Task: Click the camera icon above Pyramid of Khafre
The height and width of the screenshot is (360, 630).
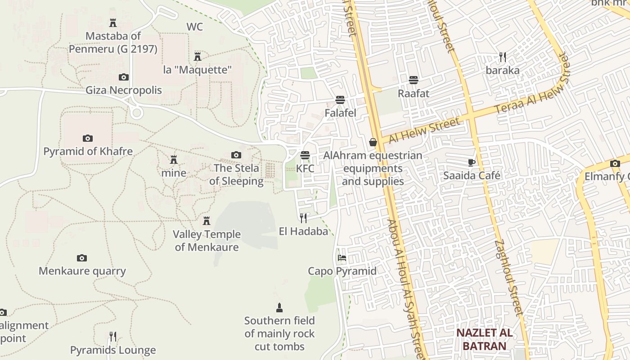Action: (x=88, y=138)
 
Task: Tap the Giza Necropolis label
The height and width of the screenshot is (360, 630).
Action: (x=124, y=90)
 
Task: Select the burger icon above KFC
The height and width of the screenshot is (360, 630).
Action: (x=305, y=155)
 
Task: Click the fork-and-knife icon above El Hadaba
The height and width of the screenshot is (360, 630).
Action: (x=303, y=218)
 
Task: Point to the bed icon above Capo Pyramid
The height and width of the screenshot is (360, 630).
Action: (x=342, y=258)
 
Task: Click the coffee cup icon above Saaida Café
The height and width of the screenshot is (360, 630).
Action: (x=471, y=162)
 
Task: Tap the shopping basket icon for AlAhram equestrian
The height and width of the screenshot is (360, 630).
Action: (x=373, y=142)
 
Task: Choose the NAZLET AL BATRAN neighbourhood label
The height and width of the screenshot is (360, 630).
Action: (x=484, y=339)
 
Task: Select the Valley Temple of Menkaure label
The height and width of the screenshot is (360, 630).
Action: (x=207, y=241)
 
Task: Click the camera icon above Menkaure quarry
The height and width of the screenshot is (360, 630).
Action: (x=81, y=258)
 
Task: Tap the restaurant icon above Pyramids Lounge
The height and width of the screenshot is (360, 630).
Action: (x=113, y=336)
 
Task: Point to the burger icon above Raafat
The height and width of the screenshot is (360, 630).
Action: (x=414, y=80)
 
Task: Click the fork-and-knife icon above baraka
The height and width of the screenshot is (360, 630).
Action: (x=503, y=57)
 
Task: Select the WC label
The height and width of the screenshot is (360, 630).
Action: (x=195, y=27)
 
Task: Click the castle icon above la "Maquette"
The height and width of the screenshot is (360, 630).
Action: (x=197, y=56)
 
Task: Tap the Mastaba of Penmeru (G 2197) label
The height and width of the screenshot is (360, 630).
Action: (x=113, y=42)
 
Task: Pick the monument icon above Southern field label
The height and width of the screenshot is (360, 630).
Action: (x=279, y=308)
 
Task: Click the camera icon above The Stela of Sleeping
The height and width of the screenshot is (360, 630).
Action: (x=236, y=155)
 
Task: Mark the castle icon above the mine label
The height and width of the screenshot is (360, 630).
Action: (x=174, y=159)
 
